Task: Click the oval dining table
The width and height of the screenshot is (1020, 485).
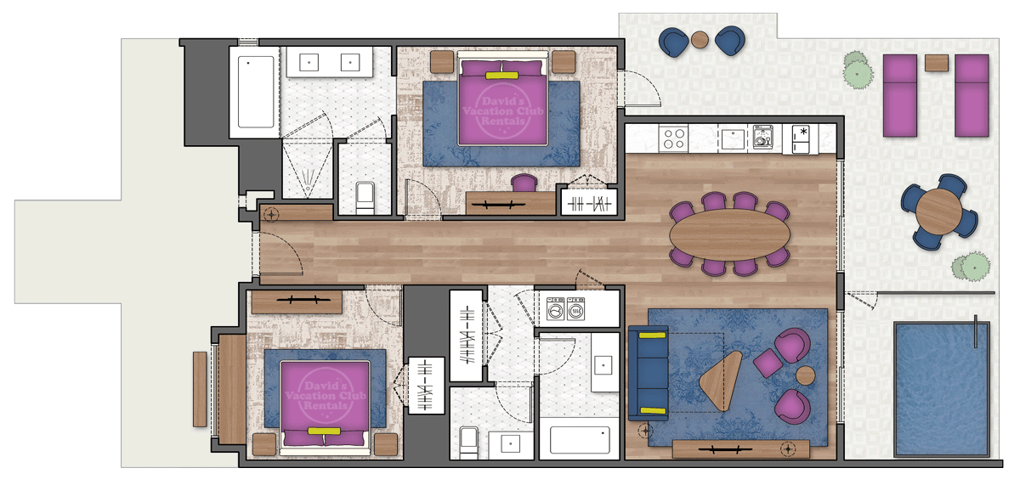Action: pyautogui.click(x=729, y=234)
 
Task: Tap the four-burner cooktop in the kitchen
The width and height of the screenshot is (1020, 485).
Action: pyautogui.click(x=675, y=138)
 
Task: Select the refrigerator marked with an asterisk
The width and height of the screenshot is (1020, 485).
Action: pyautogui.click(x=802, y=139)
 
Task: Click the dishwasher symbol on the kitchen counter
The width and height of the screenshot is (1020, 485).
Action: pyautogui.click(x=762, y=138)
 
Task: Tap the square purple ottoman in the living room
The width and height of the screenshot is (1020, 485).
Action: pyautogui.click(x=768, y=364)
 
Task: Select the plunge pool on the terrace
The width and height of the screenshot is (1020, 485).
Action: pyautogui.click(x=941, y=388)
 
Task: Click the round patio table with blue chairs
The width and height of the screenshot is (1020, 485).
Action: pyautogui.click(x=939, y=212)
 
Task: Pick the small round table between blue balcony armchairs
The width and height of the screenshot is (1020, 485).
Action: pyautogui.click(x=700, y=39)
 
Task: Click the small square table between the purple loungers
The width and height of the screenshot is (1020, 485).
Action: pyautogui.click(x=936, y=62)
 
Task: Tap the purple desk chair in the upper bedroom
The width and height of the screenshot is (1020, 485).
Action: pyautogui.click(x=524, y=183)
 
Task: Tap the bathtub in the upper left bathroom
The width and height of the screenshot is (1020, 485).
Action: pyautogui.click(x=255, y=92)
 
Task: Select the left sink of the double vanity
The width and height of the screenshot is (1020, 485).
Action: pyautogui.click(x=307, y=62)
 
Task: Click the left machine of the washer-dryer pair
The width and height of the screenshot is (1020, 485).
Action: pyautogui.click(x=556, y=310)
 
